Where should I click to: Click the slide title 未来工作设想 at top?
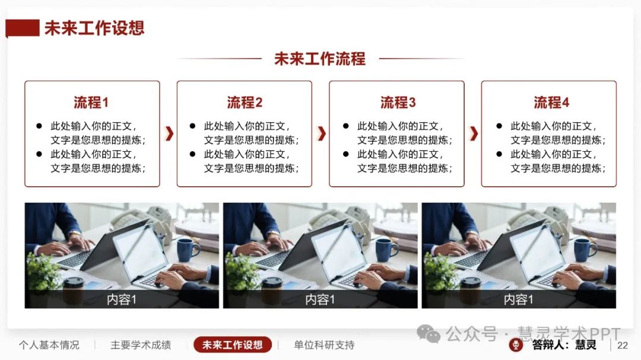pos(94,28)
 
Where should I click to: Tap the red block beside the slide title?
pos(23,28)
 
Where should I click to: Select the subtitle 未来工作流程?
pos(320,59)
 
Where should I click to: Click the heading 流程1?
pos(91,102)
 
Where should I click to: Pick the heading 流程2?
pos(245,102)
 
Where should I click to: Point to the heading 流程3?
pos(398,102)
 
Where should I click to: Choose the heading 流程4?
pos(551,102)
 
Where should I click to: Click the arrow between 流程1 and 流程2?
pos(169,133)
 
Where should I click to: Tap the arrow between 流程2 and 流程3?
pos(322,133)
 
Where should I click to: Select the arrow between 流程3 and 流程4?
pos(474,133)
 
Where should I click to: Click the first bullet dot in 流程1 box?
pos(39,126)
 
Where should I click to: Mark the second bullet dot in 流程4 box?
pos(499,154)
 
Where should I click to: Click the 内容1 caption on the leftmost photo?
pos(122,300)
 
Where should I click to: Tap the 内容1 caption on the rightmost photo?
pos(518,300)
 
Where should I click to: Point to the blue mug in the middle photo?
pos(386,249)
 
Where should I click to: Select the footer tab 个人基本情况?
pos(49,345)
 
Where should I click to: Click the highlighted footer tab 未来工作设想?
pos(232,345)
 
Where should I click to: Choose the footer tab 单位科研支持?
pos(324,345)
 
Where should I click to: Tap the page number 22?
pos(623,345)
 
